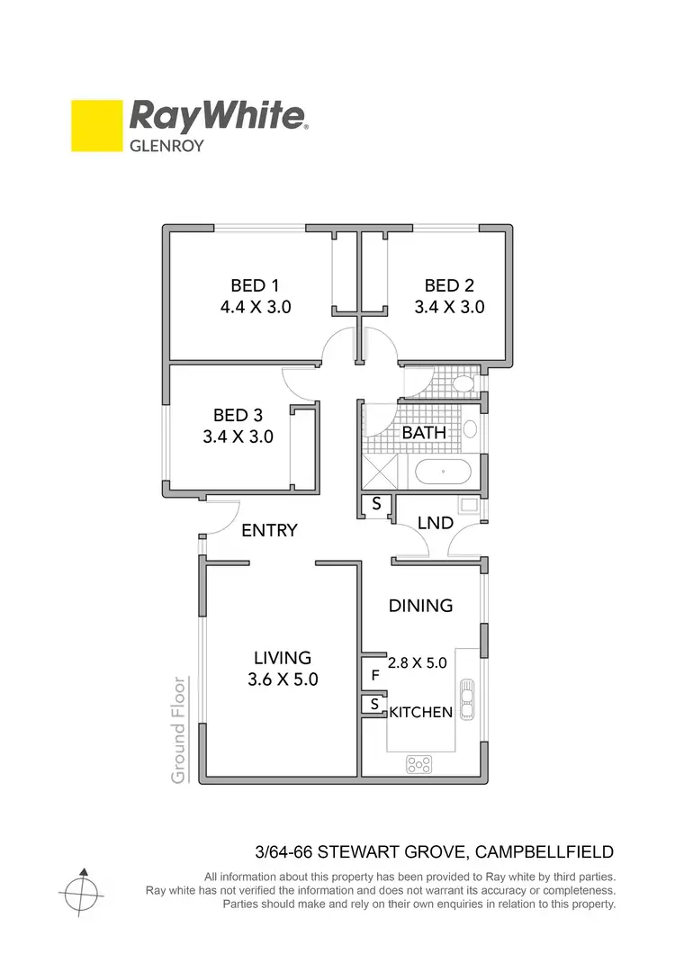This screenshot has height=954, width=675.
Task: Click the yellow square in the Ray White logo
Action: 96,125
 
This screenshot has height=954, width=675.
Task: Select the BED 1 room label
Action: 256,285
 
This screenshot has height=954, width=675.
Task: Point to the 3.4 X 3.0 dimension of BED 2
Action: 449,307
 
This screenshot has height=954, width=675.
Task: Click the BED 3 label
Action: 238,416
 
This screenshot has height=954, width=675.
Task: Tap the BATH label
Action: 424,433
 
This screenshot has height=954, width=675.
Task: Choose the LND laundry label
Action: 435,523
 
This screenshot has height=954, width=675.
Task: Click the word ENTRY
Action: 270,530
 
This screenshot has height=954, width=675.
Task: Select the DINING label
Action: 420,606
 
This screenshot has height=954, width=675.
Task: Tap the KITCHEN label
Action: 420,713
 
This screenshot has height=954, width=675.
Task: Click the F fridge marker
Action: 374,673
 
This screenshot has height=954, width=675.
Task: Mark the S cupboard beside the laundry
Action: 376,506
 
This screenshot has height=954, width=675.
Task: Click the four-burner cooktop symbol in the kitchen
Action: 418,764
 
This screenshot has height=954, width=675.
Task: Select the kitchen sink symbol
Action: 466,698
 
